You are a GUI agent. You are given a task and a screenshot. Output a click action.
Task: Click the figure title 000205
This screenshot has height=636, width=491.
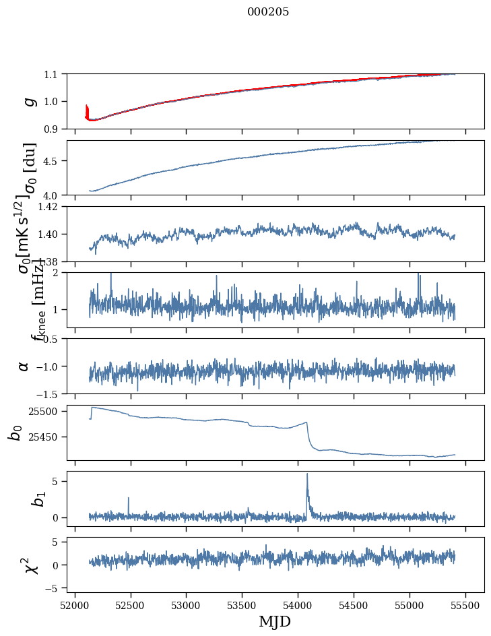[268, 12]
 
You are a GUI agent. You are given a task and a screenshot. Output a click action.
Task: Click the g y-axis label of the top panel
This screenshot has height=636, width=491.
[28, 101]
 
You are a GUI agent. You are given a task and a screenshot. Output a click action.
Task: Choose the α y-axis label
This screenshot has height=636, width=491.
[24, 366]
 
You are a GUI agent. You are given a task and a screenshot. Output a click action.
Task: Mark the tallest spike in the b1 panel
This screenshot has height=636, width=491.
[307, 474]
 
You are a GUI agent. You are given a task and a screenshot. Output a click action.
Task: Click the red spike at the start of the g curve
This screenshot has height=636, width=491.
[87, 110]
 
